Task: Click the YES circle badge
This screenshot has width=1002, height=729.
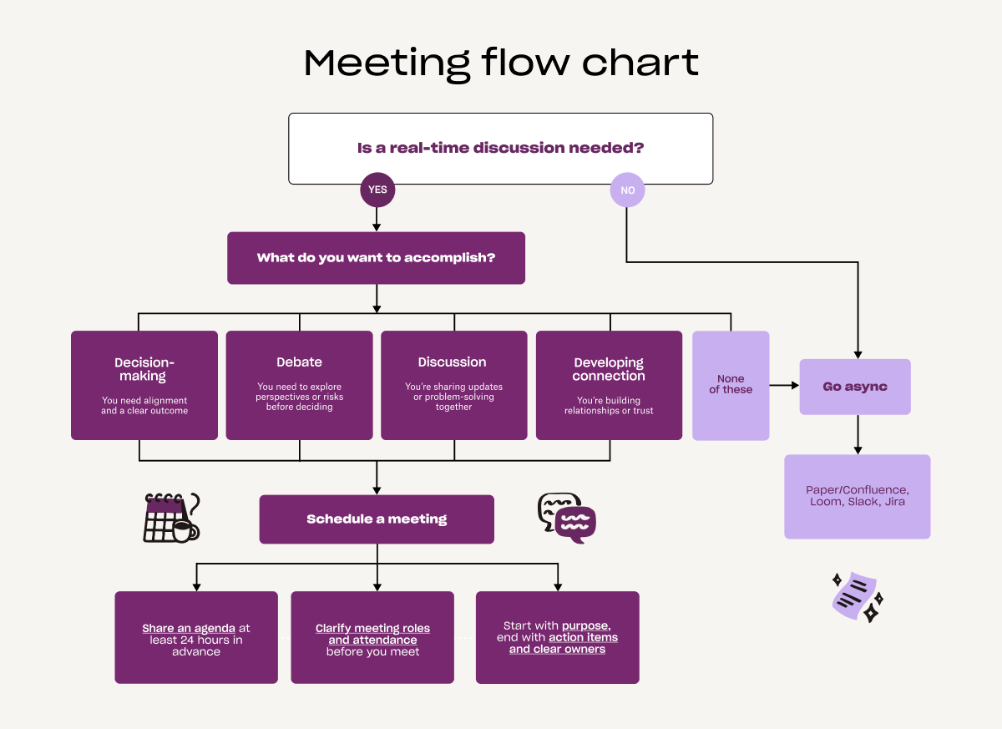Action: (377, 190)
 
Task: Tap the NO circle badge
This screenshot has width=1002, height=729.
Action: (627, 190)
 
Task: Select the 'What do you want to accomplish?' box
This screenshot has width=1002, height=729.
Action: (376, 258)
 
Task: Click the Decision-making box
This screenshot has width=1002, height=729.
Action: (144, 385)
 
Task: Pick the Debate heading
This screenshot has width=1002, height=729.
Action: (299, 362)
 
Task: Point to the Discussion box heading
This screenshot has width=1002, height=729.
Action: (452, 362)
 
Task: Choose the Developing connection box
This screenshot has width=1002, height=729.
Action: (609, 385)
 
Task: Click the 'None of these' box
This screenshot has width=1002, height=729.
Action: (731, 385)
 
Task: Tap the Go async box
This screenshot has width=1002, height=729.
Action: (855, 387)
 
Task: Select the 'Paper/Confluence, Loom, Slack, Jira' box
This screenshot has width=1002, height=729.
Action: (857, 496)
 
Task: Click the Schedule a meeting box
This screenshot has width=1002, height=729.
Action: (377, 519)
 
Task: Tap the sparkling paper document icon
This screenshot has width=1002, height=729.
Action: (857, 596)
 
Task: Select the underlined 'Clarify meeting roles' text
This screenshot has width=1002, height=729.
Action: (372, 628)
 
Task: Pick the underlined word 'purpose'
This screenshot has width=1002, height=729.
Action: (585, 625)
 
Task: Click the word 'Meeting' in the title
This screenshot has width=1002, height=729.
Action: (387, 63)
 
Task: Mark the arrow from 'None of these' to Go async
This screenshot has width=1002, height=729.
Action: (784, 386)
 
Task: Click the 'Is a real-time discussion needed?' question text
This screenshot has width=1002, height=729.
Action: (500, 148)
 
